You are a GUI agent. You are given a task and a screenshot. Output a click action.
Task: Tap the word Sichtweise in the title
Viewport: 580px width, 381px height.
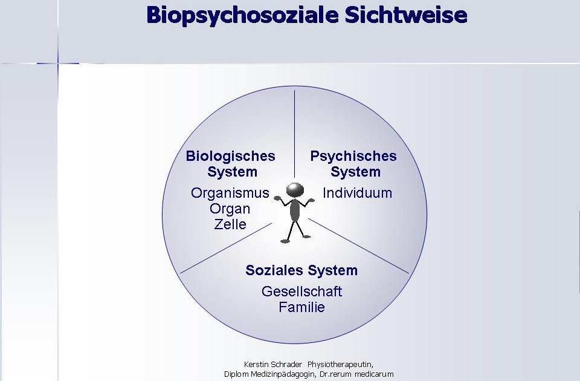click(406, 15)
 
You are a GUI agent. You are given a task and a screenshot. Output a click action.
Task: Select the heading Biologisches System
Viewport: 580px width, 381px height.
click(231, 164)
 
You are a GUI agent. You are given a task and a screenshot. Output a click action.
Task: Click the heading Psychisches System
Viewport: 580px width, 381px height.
click(354, 164)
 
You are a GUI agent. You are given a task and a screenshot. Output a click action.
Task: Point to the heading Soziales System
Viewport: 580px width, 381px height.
click(301, 270)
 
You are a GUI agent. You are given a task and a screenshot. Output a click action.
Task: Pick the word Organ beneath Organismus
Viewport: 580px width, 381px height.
click(230, 209)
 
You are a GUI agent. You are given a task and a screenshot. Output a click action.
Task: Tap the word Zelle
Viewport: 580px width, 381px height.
click(230, 224)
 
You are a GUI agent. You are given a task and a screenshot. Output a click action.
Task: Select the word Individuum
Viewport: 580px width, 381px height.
click(357, 194)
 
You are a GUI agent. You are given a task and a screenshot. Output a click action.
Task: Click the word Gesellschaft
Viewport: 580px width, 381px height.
click(301, 291)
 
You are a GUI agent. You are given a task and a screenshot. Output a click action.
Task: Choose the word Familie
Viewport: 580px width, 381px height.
click(301, 307)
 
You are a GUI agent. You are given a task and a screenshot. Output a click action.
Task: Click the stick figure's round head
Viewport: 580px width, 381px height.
click(294, 189)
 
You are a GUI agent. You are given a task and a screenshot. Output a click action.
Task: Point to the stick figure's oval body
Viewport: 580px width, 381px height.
click(295, 210)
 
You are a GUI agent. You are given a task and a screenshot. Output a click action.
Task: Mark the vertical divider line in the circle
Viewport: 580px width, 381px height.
click(294, 133)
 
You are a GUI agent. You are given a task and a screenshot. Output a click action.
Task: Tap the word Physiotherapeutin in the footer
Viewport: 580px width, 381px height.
click(341, 364)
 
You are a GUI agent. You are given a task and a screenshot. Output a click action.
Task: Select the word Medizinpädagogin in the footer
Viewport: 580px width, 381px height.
click(284, 374)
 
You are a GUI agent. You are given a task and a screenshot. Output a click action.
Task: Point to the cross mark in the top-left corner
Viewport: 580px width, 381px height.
click(59, 63)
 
